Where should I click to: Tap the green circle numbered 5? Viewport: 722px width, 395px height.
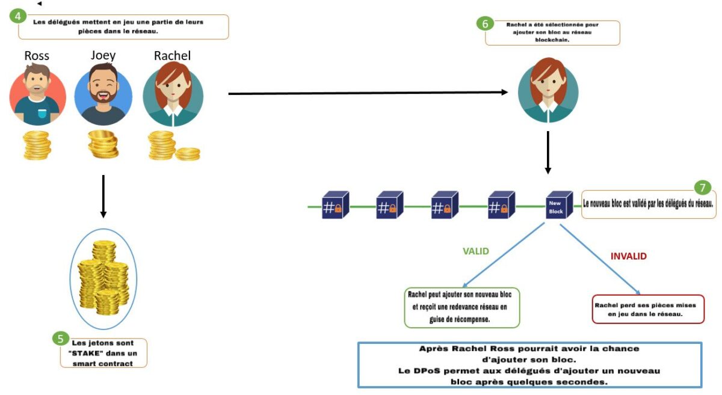click(x=60, y=338)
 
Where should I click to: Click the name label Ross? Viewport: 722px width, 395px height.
click(x=37, y=56)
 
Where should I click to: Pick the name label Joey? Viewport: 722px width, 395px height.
click(x=103, y=55)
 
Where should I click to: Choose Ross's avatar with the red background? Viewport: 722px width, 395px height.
click(x=37, y=97)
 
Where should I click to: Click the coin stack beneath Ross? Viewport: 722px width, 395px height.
click(x=37, y=145)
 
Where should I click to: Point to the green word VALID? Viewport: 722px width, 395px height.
click(x=476, y=251)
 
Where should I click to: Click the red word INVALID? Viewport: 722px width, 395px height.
click(x=629, y=256)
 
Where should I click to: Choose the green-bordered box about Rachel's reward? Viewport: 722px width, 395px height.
click(x=461, y=307)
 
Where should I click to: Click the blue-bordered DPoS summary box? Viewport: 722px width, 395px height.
click(x=529, y=364)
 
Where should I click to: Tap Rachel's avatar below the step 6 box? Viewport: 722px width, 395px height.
click(x=548, y=88)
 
